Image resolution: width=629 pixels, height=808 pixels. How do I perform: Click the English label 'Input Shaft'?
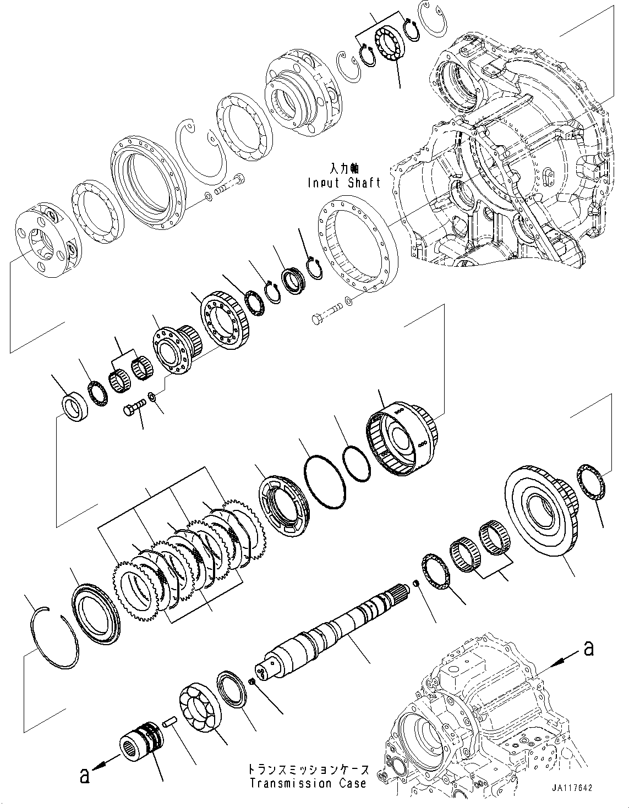coord(344,183)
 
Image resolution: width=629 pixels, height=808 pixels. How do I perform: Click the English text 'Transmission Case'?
coord(307,783)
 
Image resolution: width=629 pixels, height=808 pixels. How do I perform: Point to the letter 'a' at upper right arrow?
coord(588,649)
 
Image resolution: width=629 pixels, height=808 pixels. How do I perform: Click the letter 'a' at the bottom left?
coord(84,775)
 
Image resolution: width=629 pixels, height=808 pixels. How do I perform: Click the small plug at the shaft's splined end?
coord(417,583)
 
